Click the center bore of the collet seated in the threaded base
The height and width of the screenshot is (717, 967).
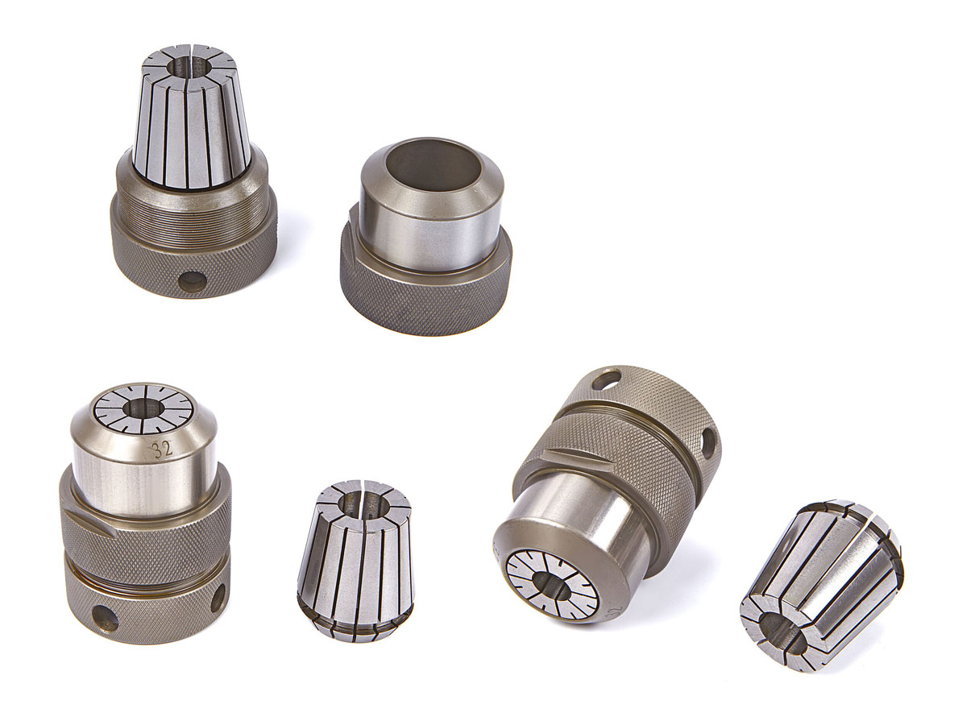tap(189, 68)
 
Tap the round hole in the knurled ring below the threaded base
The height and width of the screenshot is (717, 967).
tap(195, 280)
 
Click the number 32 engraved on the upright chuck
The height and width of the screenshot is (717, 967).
tap(162, 450)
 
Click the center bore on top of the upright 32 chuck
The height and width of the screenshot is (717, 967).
tap(143, 408)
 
